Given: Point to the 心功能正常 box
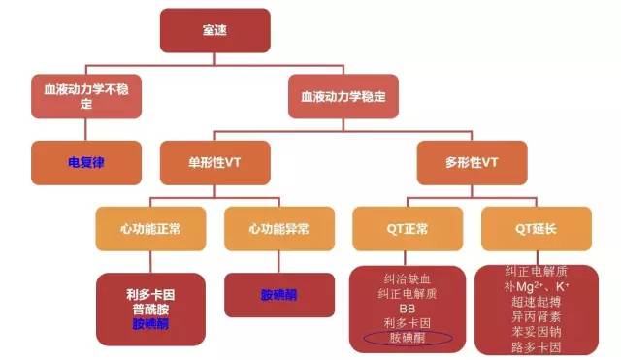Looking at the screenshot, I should pyautogui.click(x=150, y=231).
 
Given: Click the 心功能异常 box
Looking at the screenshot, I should pyautogui.click(x=278, y=231).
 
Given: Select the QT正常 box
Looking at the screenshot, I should pyautogui.click(x=408, y=231).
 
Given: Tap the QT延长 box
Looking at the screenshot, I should pyautogui.click(x=537, y=231).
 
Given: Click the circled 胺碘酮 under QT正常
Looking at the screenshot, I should pyautogui.click(x=408, y=338).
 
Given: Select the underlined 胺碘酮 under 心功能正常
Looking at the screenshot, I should pyautogui.click(x=150, y=323).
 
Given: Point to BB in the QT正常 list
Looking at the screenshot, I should pyautogui.click(x=408, y=307).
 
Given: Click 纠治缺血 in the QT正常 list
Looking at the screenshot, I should pyautogui.click(x=408, y=277).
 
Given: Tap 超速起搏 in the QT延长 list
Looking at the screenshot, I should pyautogui.click(x=537, y=301).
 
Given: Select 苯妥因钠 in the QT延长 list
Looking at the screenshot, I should pyautogui.click(x=537, y=331).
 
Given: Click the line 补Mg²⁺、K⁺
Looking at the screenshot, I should pyautogui.click(x=537, y=286).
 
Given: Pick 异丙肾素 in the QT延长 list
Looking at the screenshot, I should pyautogui.click(x=537, y=316).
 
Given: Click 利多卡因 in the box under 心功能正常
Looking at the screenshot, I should pyautogui.click(x=150, y=292).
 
